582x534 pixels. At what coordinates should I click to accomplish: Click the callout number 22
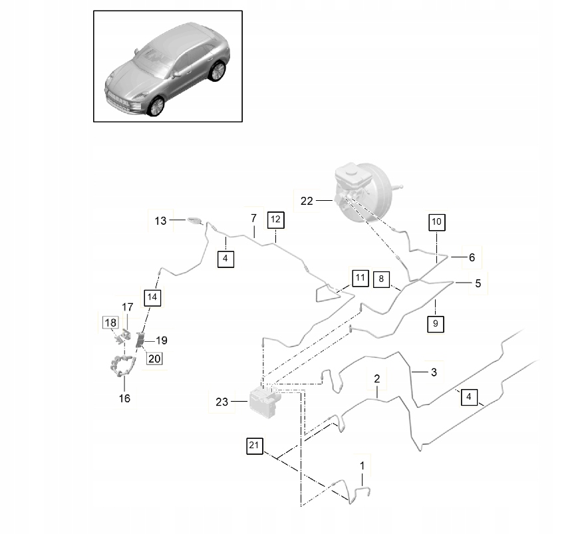[x=306, y=200]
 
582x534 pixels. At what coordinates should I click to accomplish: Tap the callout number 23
[x=221, y=401]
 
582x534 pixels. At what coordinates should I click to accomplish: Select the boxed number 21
[x=253, y=446]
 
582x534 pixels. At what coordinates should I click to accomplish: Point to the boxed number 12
[x=275, y=219]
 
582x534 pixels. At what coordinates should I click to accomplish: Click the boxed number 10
[x=436, y=221]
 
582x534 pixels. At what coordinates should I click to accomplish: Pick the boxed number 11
[x=360, y=277]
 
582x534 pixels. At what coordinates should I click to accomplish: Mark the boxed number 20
[x=154, y=358]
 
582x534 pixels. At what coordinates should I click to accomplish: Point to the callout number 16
[x=124, y=398]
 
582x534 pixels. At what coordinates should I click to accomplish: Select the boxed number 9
[x=436, y=324]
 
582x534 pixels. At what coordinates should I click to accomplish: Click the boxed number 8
[x=381, y=279]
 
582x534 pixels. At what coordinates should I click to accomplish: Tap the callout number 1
[x=363, y=466]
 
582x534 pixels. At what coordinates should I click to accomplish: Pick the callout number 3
[x=433, y=372]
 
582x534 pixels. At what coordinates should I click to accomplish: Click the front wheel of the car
[x=156, y=106]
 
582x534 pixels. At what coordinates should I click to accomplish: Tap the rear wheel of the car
[x=216, y=71]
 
